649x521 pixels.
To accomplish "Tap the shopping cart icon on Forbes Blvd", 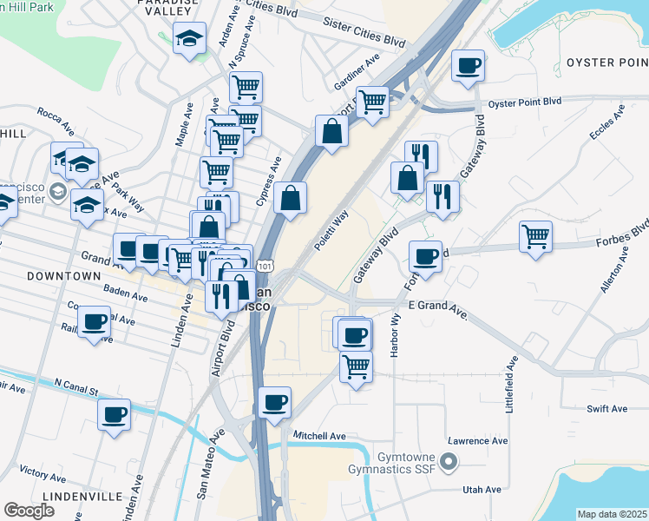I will pos(535,235).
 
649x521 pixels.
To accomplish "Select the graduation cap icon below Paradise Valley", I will pos(188,38).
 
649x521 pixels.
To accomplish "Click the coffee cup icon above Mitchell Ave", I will pos(274,402).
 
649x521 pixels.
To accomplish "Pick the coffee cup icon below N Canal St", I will pos(114,414).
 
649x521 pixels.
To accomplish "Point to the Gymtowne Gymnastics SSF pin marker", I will pos(448,460).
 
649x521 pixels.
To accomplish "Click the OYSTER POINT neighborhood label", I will pos(606,63).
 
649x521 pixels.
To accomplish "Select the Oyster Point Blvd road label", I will pos(525,102).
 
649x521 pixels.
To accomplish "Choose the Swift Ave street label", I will pos(606,408).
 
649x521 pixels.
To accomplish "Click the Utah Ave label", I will pos(483,490).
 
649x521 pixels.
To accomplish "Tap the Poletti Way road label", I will pos(331,230).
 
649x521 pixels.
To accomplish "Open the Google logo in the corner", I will pos(29,511).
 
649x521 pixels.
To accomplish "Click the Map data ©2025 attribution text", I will pos(612,514).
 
